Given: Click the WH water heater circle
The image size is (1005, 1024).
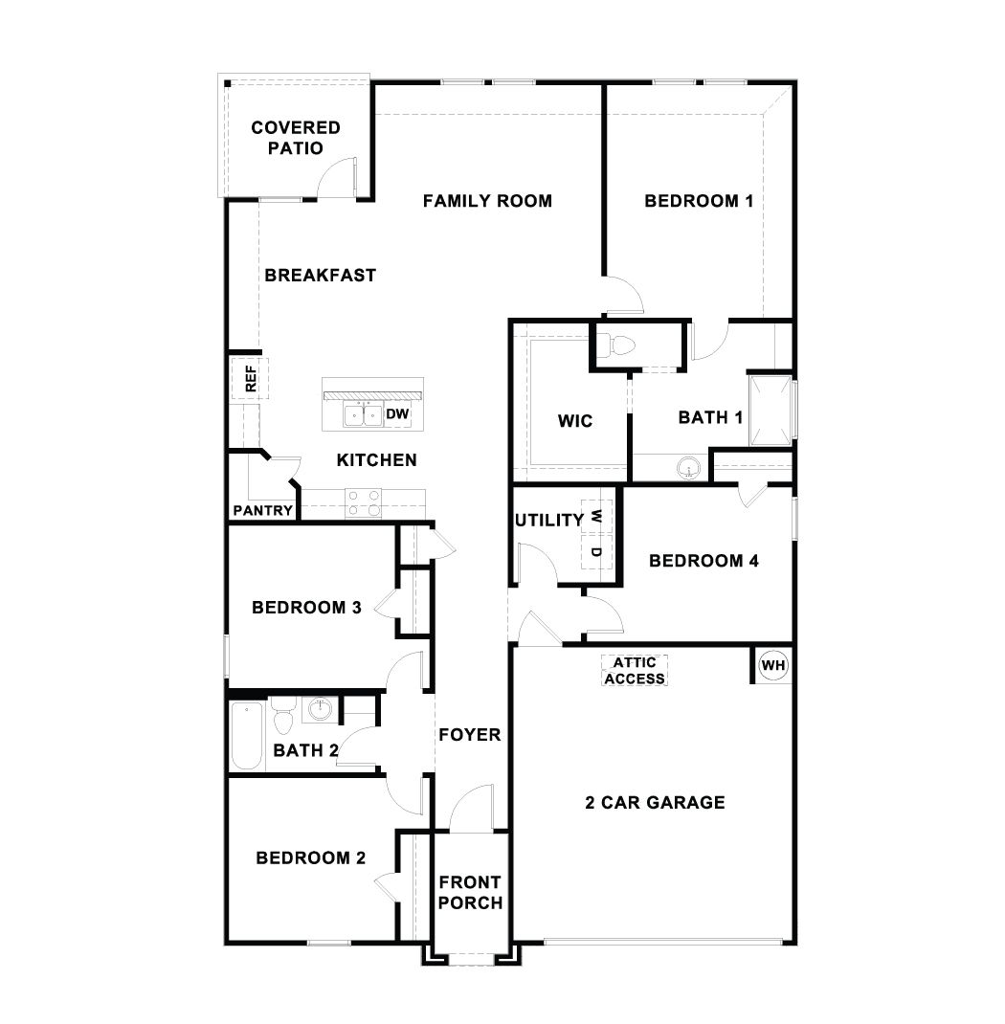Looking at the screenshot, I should pyautogui.click(x=772, y=664).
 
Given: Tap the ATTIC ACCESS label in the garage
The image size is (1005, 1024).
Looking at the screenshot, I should pyautogui.click(x=634, y=670).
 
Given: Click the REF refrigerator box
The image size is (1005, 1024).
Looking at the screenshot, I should pyautogui.click(x=251, y=379).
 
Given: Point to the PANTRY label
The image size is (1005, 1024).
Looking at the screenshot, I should pyautogui.click(x=262, y=510).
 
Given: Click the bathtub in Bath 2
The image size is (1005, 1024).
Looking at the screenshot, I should pyautogui.click(x=247, y=735).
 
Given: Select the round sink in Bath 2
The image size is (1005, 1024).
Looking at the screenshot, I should pyautogui.click(x=319, y=709).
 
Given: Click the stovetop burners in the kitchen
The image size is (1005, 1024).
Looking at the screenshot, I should pyautogui.click(x=363, y=502).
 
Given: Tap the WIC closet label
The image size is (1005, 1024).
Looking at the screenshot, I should pyautogui.click(x=574, y=421).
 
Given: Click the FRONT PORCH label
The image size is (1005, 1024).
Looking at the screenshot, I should pyautogui.click(x=470, y=892).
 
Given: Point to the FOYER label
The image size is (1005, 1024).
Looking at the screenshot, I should pyautogui.click(x=469, y=735).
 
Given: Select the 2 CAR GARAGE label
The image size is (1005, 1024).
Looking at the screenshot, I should pyautogui.click(x=655, y=802).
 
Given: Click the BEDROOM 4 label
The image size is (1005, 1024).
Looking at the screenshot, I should pyautogui.click(x=703, y=561).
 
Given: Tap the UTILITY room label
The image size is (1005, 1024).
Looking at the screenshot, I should pyautogui.click(x=548, y=521).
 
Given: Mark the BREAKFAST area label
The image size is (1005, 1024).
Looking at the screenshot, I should pyautogui.click(x=320, y=275).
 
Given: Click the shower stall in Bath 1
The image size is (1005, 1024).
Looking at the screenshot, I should pyautogui.click(x=771, y=411).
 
